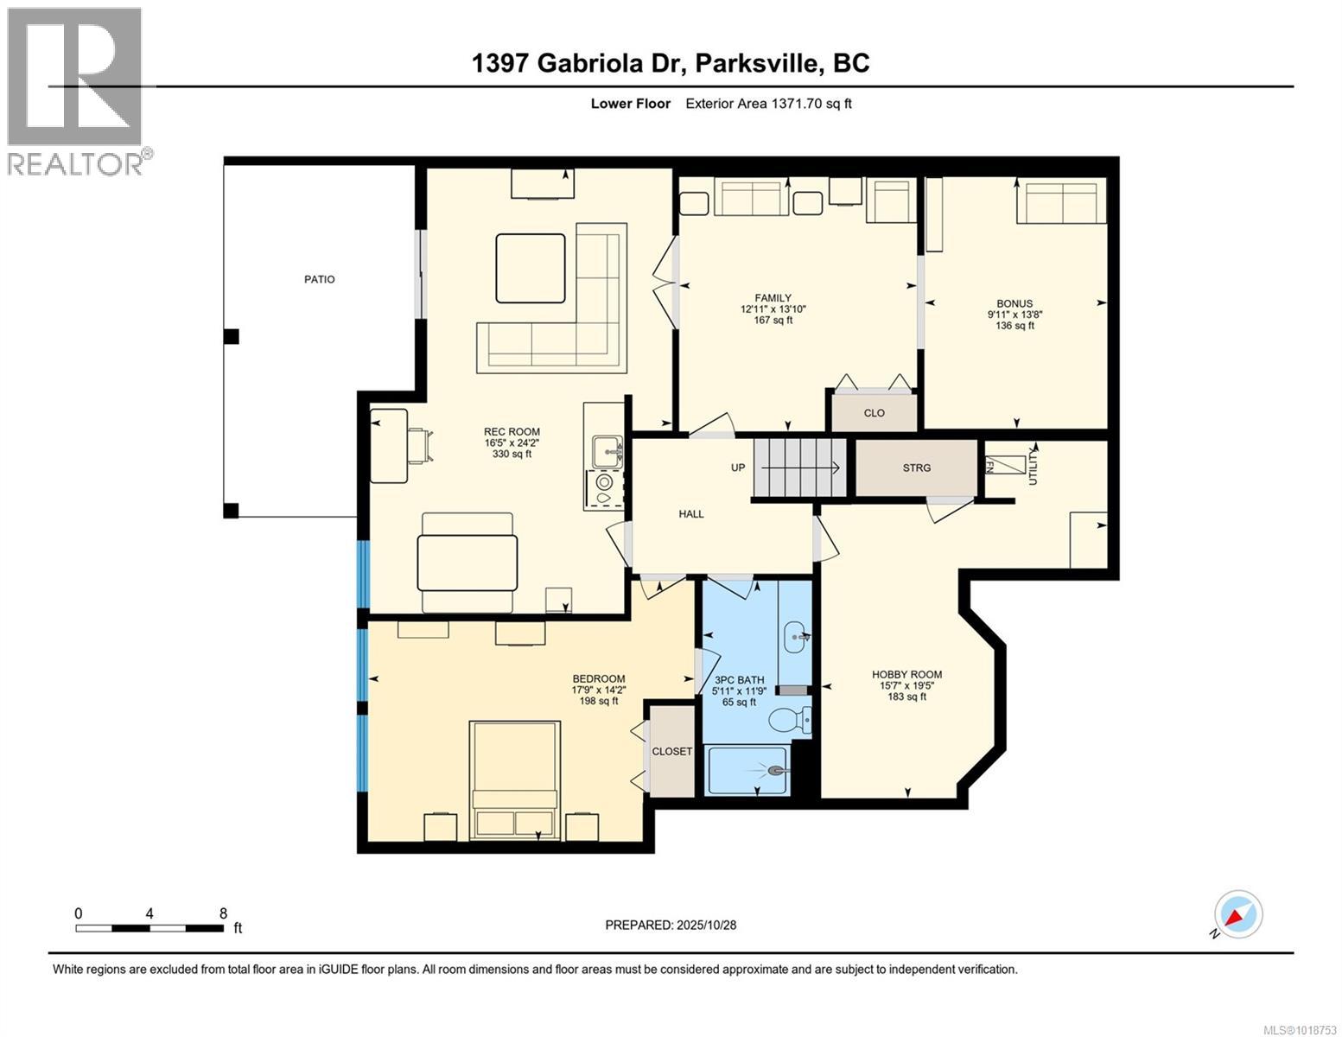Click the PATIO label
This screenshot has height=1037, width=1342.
[319, 279]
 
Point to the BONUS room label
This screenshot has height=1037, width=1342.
[1014, 303]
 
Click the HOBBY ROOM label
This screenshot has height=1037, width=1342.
[906, 675]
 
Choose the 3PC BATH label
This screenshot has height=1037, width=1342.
[739, 679]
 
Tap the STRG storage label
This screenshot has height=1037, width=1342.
[917, 468]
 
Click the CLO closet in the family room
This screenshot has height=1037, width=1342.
[874, 413]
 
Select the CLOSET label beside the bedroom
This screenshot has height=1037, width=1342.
[671, 751]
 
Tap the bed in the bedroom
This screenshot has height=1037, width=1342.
[513, 780]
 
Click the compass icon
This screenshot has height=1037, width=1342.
[1237, 914]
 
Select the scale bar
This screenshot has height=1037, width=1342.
[149, 928]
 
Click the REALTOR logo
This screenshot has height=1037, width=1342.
[77, 91]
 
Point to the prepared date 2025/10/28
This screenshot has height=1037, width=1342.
[671, 925]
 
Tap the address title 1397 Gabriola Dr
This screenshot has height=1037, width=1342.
[671, 63]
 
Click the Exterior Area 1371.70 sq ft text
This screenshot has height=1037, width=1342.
[768, 104]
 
